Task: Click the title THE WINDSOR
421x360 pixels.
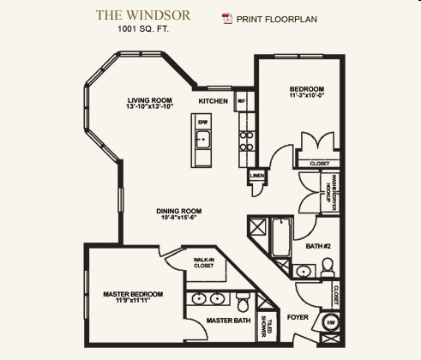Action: coord(143,15)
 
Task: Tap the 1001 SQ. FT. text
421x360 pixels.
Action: coord(143,28)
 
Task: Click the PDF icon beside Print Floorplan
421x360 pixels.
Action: coord(227,18)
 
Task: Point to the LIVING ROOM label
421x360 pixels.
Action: coord(151,102)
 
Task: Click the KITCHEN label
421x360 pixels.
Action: coord(213,101)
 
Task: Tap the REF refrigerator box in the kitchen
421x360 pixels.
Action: coord(242,100)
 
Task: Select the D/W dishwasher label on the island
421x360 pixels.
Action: coord(203,123)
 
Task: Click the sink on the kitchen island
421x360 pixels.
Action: coord(203,138)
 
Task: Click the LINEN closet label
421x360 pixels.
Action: coord(256,176)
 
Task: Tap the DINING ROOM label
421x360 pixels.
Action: coord(178,215)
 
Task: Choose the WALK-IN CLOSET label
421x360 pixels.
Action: coord(203,261)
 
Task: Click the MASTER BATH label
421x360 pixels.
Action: coord(229,321)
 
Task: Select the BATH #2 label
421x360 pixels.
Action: coord(318,248)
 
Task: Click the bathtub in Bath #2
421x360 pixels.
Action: coord(280,239)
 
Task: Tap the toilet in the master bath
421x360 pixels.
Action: coord(244,302)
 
